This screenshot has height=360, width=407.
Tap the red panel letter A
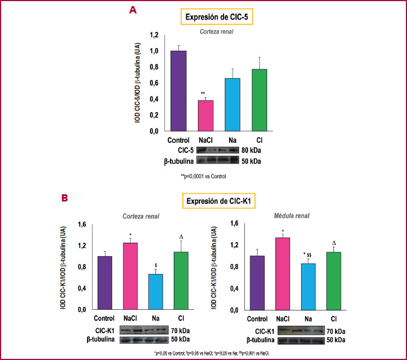pos(132,10)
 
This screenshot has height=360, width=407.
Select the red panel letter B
pos(65,198)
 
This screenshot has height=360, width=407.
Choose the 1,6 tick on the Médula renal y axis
pos(234,224)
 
